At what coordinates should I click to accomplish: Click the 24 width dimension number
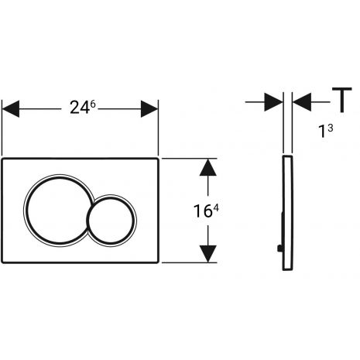(80, 108)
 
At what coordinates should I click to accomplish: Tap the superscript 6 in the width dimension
(93, 105)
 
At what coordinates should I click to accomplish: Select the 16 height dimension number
(203, 211)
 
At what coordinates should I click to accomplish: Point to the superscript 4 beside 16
(216, 208)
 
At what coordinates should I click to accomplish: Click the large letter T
(342, 100)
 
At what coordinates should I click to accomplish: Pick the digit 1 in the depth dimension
(323, 131)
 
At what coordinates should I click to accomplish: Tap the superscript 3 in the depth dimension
(330, 129)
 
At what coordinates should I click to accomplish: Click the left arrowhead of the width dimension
(11, 109)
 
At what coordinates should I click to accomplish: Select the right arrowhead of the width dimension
(149, 109)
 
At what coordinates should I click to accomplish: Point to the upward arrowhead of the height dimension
(208, 167)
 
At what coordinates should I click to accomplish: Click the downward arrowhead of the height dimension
(208, 254)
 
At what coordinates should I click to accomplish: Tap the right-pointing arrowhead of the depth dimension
(273, 102)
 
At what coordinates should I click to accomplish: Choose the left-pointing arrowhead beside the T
(302, 102)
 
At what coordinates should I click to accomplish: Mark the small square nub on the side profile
(279, 249)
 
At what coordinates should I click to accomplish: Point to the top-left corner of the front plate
(2, 158)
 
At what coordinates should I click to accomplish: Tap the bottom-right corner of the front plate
(157, 262)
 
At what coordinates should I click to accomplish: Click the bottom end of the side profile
(287, 269)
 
